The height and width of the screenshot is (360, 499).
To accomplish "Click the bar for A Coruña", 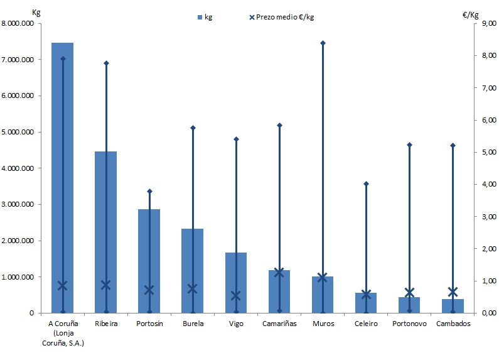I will coord(62,176).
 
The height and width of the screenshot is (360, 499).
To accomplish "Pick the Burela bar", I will coord(193,270).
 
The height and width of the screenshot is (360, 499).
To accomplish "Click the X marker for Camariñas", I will coord(279,272).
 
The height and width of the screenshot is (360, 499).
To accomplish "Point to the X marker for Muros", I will coord(323,277).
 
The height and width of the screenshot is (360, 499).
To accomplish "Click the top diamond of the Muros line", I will coord(323,43).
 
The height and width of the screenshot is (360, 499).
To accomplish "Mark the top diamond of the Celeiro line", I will coord(366,183).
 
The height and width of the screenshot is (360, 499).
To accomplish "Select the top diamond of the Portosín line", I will coord(149,191).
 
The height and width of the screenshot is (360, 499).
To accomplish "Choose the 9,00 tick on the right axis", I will coord(480,24).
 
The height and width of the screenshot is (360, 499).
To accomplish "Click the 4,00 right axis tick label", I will coord(480,185).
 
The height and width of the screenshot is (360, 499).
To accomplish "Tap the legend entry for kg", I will coord(204,17).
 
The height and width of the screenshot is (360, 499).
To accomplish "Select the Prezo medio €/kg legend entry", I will coord(281,17).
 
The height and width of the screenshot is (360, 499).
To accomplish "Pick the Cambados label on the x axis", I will coord(453,324).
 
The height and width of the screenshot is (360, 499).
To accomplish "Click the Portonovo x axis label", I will coord(409,324).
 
